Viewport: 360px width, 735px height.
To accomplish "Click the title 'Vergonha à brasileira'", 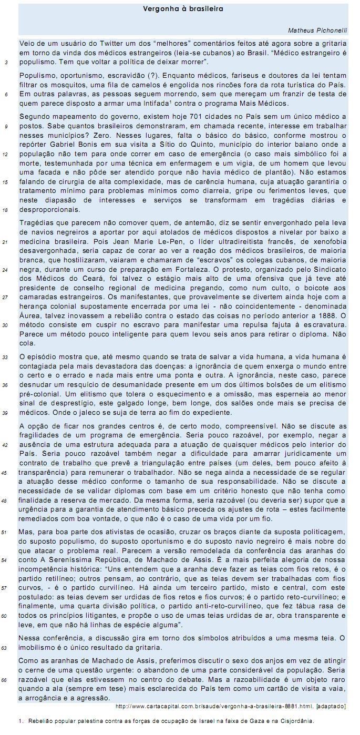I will pos(183,9).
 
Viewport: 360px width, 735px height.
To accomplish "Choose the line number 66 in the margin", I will pos(6,679).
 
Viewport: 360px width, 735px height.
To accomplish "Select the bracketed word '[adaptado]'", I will pos(331,706).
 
